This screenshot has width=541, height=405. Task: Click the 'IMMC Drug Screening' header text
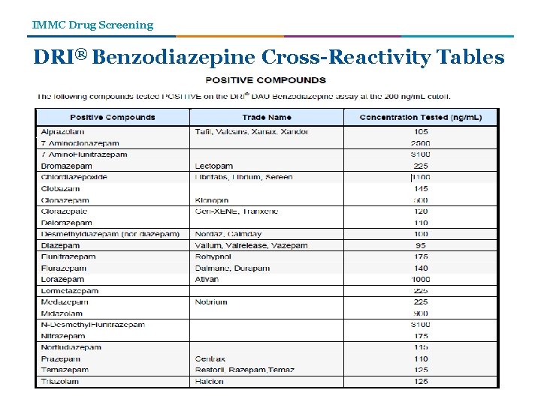click(x=92, y=25)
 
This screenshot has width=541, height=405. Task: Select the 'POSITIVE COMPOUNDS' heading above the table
click(x=266, y=80)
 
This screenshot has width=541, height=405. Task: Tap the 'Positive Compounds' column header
click(x=113, y=117)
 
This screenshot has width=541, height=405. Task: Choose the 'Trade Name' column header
click(x=267, y=117)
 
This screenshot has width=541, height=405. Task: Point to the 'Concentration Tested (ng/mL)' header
click(x=421, y=117)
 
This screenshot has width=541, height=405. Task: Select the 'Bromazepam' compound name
click(x=67, y=166)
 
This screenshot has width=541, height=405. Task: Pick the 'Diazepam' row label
click(x=61, y=245)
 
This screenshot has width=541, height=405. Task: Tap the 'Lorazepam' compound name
click(x=63, y=279)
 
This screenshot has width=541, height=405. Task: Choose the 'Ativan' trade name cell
click(x=207, y=279)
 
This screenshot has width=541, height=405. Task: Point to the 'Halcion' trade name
click(x=210, y=381)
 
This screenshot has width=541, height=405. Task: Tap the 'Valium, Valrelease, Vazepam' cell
click(x=251, y=245)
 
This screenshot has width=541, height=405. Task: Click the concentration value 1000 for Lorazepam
click(x=421, y=279)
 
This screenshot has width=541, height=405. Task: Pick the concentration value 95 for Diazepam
click(x=421, y=245)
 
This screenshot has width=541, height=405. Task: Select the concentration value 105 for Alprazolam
click(x=421, y=131)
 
